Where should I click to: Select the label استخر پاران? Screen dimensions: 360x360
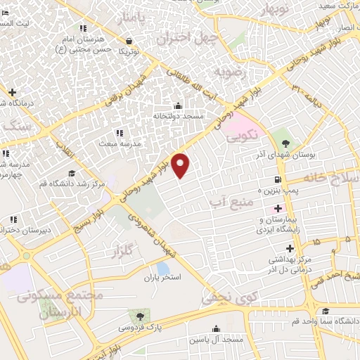(162, 278)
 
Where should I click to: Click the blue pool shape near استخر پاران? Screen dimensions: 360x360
(163, 268)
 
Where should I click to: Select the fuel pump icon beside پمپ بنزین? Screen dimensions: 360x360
(279, 179)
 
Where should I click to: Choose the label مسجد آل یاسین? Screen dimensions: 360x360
(215, 340)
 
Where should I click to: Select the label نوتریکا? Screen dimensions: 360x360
(129, 51)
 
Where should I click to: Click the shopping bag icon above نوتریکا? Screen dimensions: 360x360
(129, 40)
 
